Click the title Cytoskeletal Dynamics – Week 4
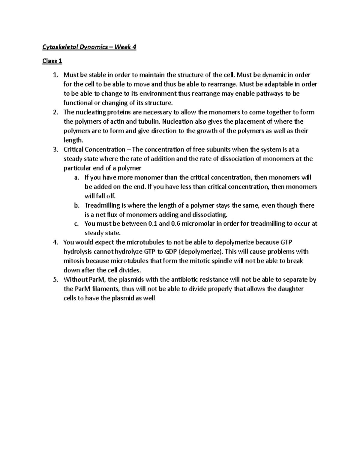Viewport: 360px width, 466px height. (89, 47)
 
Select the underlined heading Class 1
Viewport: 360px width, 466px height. (52, 61)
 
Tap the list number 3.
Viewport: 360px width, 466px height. (55, 149)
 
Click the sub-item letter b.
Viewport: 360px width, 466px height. (76, 206)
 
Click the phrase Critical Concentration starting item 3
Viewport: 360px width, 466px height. (94, 149)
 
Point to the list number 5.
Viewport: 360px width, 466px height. (55, 280)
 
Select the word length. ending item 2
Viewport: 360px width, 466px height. (73, 140)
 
